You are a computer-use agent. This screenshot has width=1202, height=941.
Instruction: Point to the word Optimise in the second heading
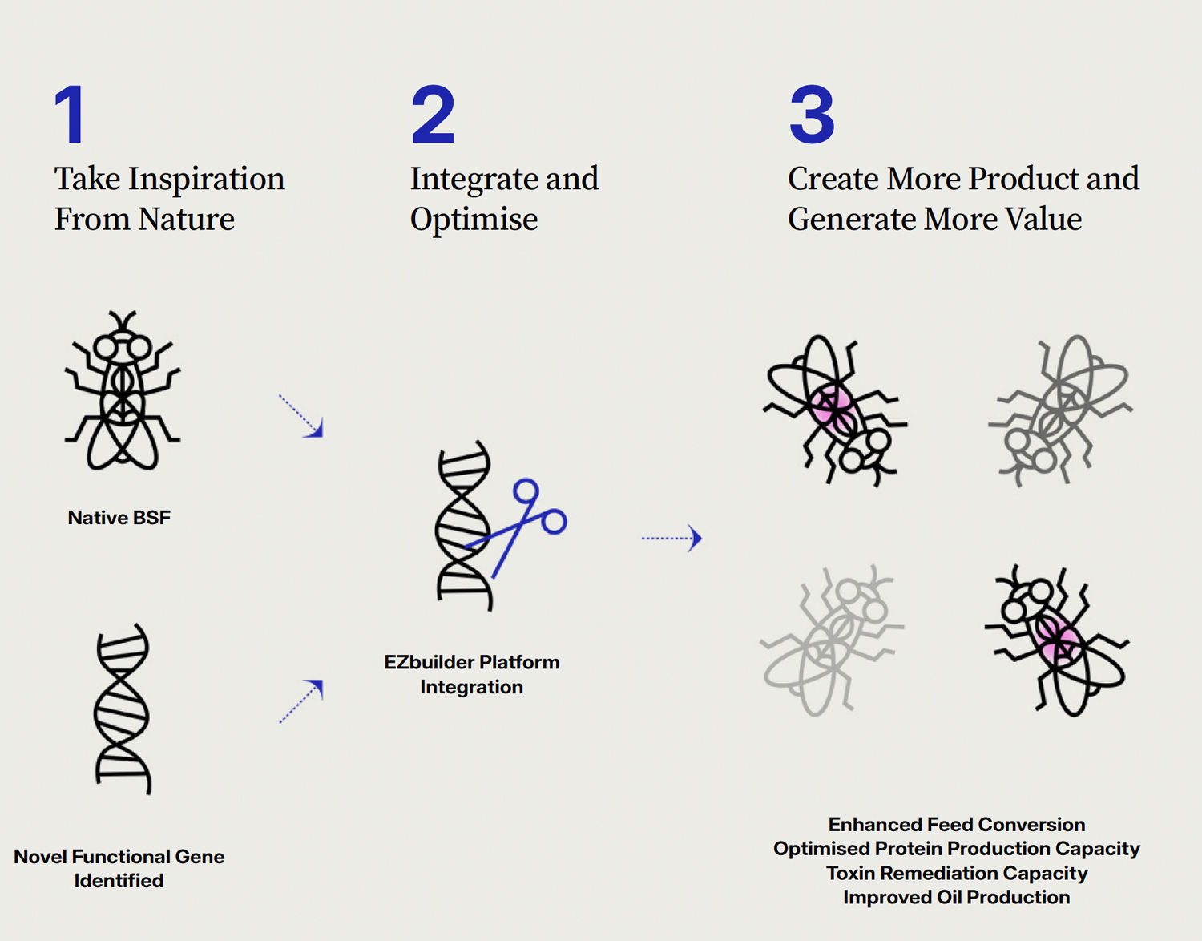pyautogui.click(x=474, y=220)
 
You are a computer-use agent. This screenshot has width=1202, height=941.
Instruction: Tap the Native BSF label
pyautogui.click(x=119, y=517)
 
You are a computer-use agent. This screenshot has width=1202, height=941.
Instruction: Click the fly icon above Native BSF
pyautogui.click(x=123, y=390)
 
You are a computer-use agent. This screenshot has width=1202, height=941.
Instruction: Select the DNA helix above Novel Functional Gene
pyautogui.click(x=123, y=709)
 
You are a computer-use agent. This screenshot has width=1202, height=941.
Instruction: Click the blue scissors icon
pyautogui.click(x=517, y=526)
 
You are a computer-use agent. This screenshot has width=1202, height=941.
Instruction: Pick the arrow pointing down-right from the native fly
pyautogui.click(x=301, y=416)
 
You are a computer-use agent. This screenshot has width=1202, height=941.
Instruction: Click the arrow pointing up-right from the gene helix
pyautogui.click(x=301, y=701)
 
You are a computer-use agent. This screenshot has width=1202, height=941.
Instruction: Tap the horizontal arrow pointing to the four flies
pyautogui.click(x=672, y=538)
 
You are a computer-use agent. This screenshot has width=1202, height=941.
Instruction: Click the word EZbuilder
pyautogui.click(x=430, y=662)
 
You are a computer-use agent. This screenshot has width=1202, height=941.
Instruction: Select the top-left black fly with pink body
pyautogui.click(x=834, y=410)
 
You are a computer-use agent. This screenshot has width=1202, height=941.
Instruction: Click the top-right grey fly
pyautogui.click(x=1060, y=410)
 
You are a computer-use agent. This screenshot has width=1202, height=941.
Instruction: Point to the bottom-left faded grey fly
pyautogui.click(x=832, y=640)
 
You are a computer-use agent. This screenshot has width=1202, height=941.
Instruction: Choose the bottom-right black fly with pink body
pyautogui.click(x=1057, y=640)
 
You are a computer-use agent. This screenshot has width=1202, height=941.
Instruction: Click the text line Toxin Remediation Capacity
pyautogui.click(x=957, y=873)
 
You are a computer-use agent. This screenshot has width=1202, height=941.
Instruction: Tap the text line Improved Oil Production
pyautogui.click(x=957, y=897)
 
